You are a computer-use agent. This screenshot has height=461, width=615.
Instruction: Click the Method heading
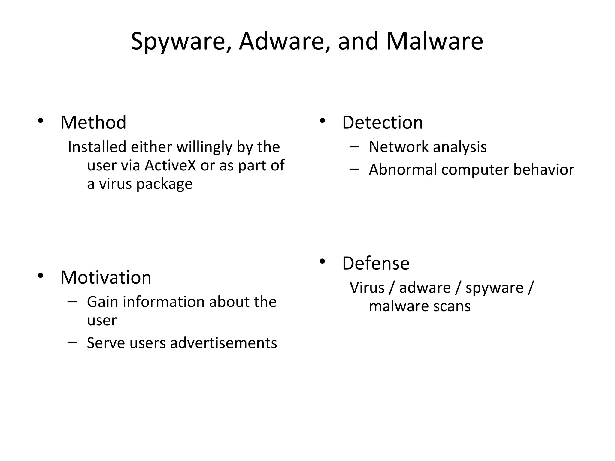click(x=93, y=122)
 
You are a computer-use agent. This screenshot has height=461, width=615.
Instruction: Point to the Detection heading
click(x=382, y=122)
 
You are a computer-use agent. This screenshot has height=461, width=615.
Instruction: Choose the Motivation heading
click(x=106, y=277)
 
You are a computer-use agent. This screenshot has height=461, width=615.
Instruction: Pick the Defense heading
click(x=376, y=263)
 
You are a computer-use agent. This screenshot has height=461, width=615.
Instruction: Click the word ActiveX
click(x=170, y=165)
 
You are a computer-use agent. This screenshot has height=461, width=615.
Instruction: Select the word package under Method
click(x=164, y=184)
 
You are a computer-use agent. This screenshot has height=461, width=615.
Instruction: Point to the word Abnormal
click(x=403, y=170)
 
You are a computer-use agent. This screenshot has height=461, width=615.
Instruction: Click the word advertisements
click(x=223, y=343)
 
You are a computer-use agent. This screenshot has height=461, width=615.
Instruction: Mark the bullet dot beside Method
click(x=41, y=121)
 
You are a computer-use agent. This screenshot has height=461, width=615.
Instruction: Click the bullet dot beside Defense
click(x=322, y=261)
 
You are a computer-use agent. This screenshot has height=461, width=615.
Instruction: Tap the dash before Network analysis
click(x=354, y=147)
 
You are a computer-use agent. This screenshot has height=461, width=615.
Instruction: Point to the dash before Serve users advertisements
click(x=72, y=342)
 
